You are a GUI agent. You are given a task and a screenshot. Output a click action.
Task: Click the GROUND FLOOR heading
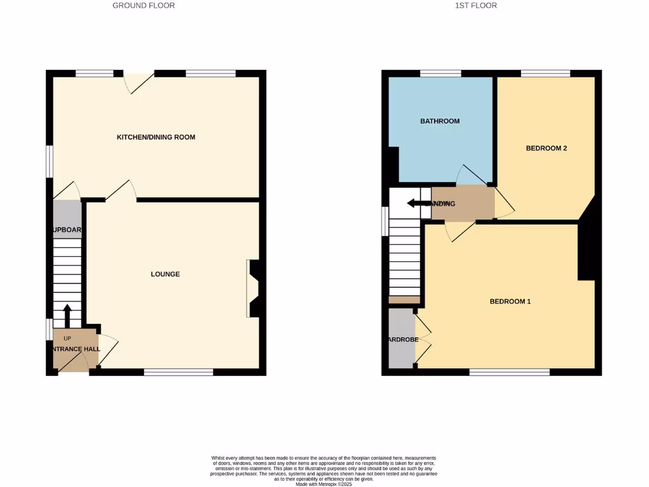143,6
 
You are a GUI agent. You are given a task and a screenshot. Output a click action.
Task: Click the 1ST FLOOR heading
475,6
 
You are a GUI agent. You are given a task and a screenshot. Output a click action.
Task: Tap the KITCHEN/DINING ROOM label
156,137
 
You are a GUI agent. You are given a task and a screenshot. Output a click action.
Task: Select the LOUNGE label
165,274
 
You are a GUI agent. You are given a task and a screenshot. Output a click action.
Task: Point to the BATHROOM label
440,121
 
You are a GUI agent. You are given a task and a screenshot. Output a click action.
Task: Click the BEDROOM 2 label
546,148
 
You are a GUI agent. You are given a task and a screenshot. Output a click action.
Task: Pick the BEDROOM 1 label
510,301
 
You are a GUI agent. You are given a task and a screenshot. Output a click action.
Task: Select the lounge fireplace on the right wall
254,288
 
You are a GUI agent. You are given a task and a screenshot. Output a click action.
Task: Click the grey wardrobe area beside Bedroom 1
401,339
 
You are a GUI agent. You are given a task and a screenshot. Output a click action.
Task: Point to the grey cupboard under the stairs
67,219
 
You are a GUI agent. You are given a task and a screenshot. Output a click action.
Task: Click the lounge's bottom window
178,372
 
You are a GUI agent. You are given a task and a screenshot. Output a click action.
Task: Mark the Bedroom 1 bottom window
509,372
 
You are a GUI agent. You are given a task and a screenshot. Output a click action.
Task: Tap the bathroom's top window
440,74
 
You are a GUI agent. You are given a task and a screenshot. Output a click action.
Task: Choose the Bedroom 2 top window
545,74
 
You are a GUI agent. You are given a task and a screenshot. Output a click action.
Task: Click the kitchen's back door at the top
139,79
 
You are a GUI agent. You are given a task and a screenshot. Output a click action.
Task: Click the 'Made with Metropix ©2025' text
324,484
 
